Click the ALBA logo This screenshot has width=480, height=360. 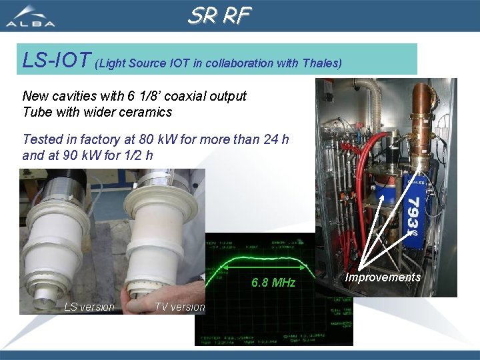[x=31, y=16]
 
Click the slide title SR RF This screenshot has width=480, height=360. [x=219, y=15]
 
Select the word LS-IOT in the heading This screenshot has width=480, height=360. [x=57, y=61]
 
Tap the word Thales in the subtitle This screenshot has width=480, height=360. [x=321, y=63]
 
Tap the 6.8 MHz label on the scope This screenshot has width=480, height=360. [x=273, y=283]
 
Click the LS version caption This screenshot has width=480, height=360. [x=89, y=307]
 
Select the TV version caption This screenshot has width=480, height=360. [x=179, y=307]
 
